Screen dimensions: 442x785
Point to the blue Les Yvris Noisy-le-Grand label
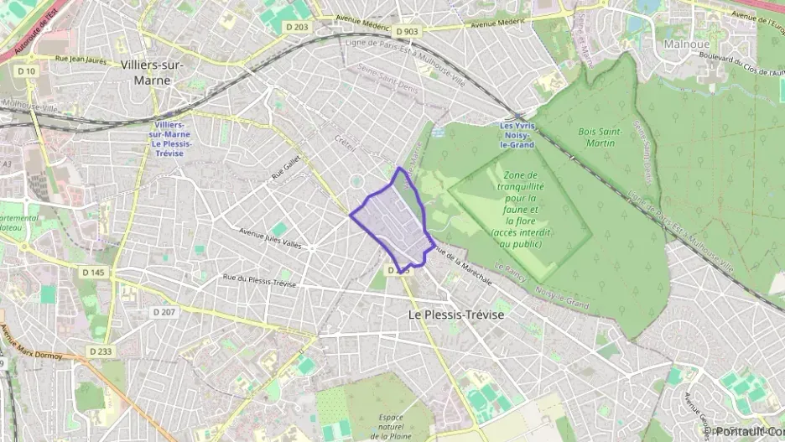pyautogui.click(x=517, y=135)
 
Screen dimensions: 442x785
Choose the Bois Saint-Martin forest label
pyautogui.click(x=596, y=137)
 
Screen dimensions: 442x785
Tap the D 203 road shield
pyautogui.click(x=297, y=28)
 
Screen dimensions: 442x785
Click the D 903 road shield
pyautogui.click(x=407, y=32)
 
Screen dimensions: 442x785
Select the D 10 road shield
pyautogui.click(x=28, y=70)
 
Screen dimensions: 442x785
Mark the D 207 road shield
pyautogui.click(x=165, y=311)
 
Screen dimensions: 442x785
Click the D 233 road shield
pyautogui.click(x=99, y=351)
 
